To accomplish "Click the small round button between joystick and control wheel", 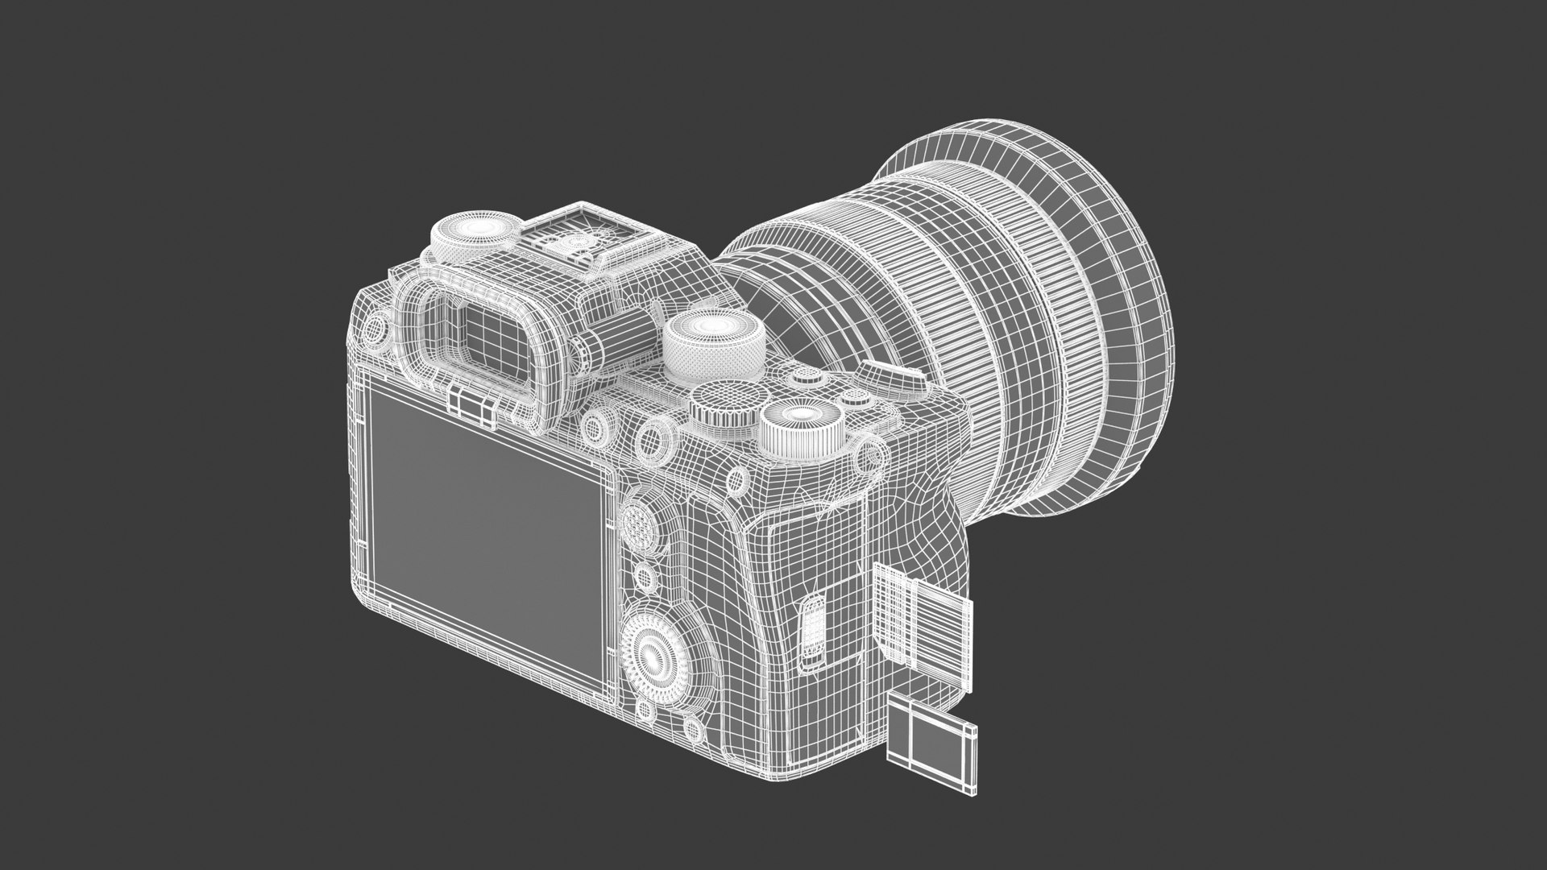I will [x=644, y=577].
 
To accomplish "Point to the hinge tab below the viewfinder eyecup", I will [x=471, y=407].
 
